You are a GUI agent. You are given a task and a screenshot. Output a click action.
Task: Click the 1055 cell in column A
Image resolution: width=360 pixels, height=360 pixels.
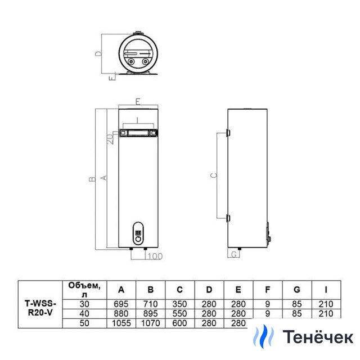coord(121,323)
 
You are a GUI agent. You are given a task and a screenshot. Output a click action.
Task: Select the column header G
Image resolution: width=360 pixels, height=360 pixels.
coord(297,290)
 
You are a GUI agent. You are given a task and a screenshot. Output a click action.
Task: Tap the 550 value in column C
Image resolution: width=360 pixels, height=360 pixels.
coord(179,313)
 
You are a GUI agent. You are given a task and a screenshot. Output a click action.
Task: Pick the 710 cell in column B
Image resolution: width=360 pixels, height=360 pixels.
coord(150,304)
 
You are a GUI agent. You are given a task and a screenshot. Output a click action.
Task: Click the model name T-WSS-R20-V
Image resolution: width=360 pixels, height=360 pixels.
coord(40,308)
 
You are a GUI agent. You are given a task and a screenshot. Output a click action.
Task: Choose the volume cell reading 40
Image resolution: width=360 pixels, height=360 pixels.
coord(84,313)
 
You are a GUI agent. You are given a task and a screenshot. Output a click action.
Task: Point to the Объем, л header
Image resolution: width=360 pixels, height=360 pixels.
coord(84,290)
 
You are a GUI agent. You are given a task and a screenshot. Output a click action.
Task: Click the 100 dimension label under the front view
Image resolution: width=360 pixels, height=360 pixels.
coord(155,256)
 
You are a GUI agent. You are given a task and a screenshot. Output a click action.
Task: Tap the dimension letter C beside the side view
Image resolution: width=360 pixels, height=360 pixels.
coord(214,175)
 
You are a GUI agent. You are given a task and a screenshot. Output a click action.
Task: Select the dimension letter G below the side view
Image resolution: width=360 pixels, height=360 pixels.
coord(234,254)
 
